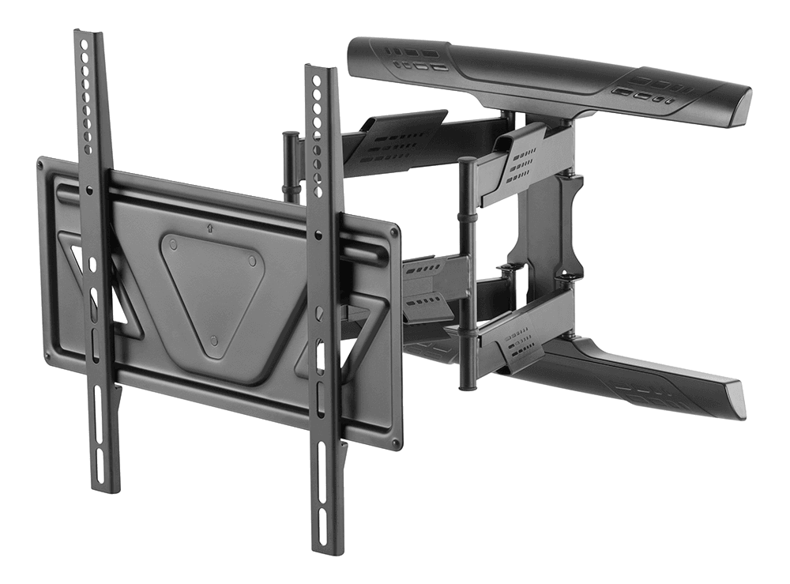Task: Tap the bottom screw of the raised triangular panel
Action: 216,340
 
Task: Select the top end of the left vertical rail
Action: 89,36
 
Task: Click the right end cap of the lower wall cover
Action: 736,402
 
